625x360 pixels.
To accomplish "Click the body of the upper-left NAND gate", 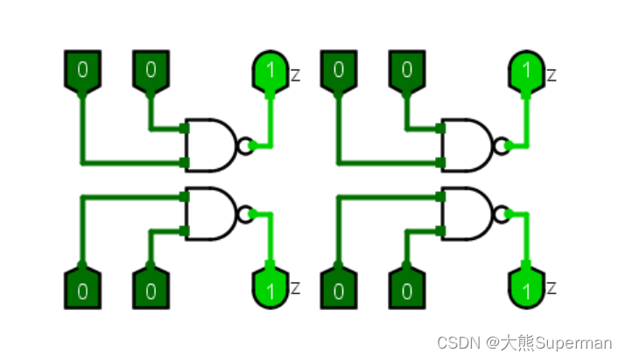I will point(210,145).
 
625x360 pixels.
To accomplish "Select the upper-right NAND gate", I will point(467,145).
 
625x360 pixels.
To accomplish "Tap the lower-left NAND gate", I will point(210,213).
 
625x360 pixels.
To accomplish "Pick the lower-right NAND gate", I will point(467,213).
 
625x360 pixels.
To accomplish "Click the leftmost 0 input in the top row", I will point(83,70).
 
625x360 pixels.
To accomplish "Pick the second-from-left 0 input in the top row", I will point(151,70).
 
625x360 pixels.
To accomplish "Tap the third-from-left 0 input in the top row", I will point(339,70).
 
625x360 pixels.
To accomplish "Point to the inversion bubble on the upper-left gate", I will point(245,145).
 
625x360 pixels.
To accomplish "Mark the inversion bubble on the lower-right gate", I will point(502,213).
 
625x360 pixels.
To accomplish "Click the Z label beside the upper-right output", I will point(551,76).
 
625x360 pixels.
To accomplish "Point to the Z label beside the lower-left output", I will point(295,288).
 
